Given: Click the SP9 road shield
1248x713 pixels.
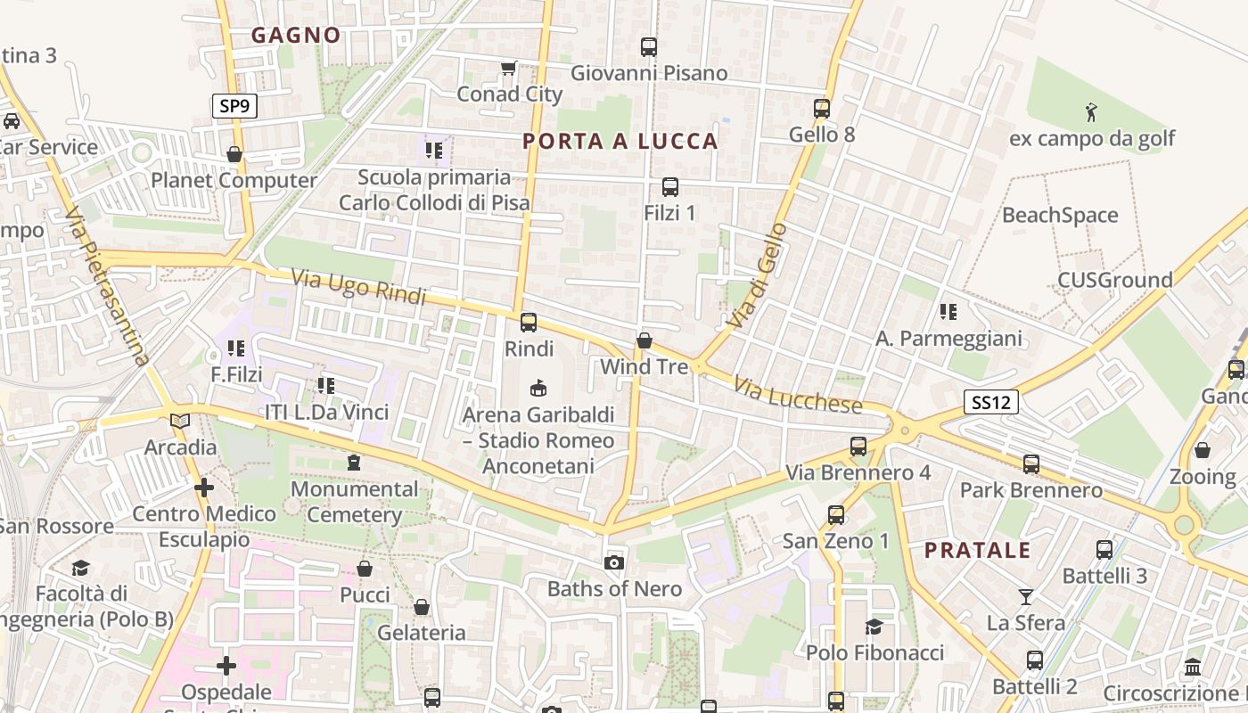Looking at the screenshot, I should click(x=235, y=107).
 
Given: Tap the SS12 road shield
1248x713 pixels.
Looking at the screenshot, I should click(x=990, y=403).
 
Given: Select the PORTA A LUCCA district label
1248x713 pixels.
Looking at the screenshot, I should click(x=620, y=141).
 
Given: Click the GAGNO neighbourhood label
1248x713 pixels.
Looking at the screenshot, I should click(x=296, y=35).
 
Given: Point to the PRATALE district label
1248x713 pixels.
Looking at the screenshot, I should click(x=977, y=550).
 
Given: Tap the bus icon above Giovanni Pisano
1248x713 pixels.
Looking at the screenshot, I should click(x=649, y=47).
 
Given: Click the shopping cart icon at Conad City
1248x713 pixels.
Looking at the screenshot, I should click(x=509, y=69).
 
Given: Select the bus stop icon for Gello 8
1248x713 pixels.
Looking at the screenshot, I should click(x=822, y=109).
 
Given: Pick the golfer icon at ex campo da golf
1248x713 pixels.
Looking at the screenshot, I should click(x=1092, y=113).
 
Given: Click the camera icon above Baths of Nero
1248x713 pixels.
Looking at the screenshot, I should click(x=613, y=562).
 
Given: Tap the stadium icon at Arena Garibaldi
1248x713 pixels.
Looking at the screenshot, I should click(x=538, y=389).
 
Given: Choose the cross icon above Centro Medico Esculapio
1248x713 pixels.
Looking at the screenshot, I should click(x=204, y=488).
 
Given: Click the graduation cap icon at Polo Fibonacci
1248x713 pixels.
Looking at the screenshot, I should click(x=874, y=627).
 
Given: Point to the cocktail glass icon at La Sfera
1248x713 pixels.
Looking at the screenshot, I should click(x=1026, y=596).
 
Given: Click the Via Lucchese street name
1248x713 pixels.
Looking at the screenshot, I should click(x=799, y=396).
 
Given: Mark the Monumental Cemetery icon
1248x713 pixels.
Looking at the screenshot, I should click(x=354, y=463).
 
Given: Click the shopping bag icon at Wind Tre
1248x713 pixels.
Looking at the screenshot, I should click(x=644, y=340).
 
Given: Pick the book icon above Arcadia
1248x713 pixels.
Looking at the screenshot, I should click(x=180, y=421).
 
